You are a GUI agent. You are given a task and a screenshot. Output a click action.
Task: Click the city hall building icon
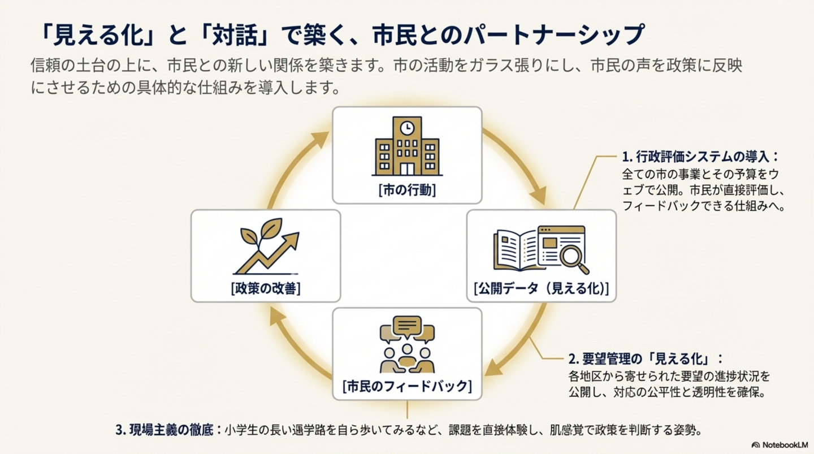coord(407,146)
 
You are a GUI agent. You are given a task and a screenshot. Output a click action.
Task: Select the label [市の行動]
coord(407,191)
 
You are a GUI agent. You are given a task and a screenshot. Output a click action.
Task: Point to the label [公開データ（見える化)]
coord(541,289)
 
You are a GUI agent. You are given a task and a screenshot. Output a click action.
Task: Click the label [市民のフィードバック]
coord(407,387)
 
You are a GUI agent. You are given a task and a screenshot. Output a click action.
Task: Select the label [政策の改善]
coord(266,288)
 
